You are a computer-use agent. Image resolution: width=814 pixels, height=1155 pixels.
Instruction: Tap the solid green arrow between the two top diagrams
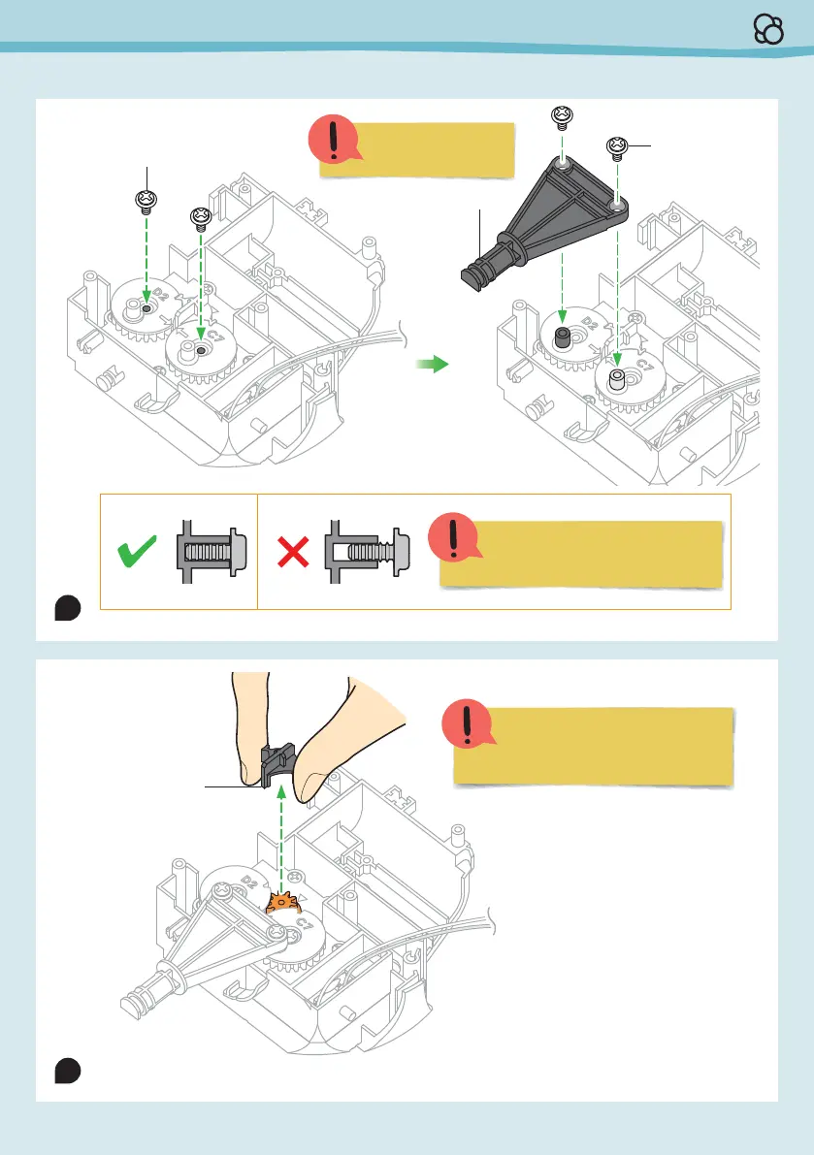click(x=432, y=364)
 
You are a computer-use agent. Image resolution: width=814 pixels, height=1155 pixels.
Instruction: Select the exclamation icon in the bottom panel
click(x=467, y=725)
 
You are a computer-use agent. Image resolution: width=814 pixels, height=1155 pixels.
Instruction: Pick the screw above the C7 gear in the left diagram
click(x=201, y=216)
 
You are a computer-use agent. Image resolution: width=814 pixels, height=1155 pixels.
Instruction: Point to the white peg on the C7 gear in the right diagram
click(x=615, y=379)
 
